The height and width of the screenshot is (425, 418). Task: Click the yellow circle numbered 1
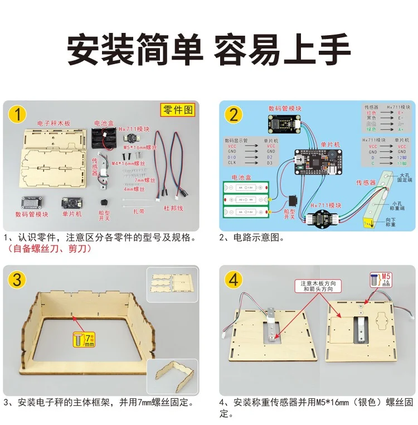(18, 115)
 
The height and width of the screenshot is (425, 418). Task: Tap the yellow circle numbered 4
(234, 279)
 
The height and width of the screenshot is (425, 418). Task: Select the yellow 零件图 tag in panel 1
(177, 110)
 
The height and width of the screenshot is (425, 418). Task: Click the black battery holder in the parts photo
(106, 137)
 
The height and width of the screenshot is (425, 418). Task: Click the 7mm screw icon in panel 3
(84, 339)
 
